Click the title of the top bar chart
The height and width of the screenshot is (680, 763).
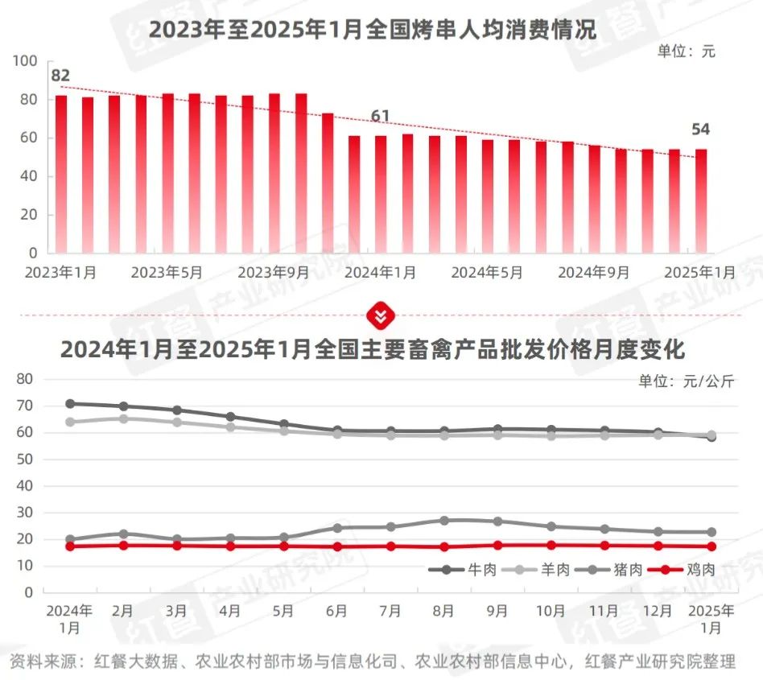coord(372,31)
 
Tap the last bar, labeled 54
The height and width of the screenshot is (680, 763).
coord(701,200)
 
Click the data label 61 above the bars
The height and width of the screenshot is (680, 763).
coord(380,117)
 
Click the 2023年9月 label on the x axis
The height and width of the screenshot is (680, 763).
coord(274,273)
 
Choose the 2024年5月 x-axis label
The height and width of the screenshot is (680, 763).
coord(487,273)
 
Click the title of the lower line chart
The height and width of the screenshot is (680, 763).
coord(372,351)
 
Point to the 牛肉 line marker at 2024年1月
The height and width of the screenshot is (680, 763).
coord(70,404)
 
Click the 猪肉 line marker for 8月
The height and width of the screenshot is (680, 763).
coord(445,521)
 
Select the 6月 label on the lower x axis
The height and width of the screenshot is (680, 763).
coord(337,612)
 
